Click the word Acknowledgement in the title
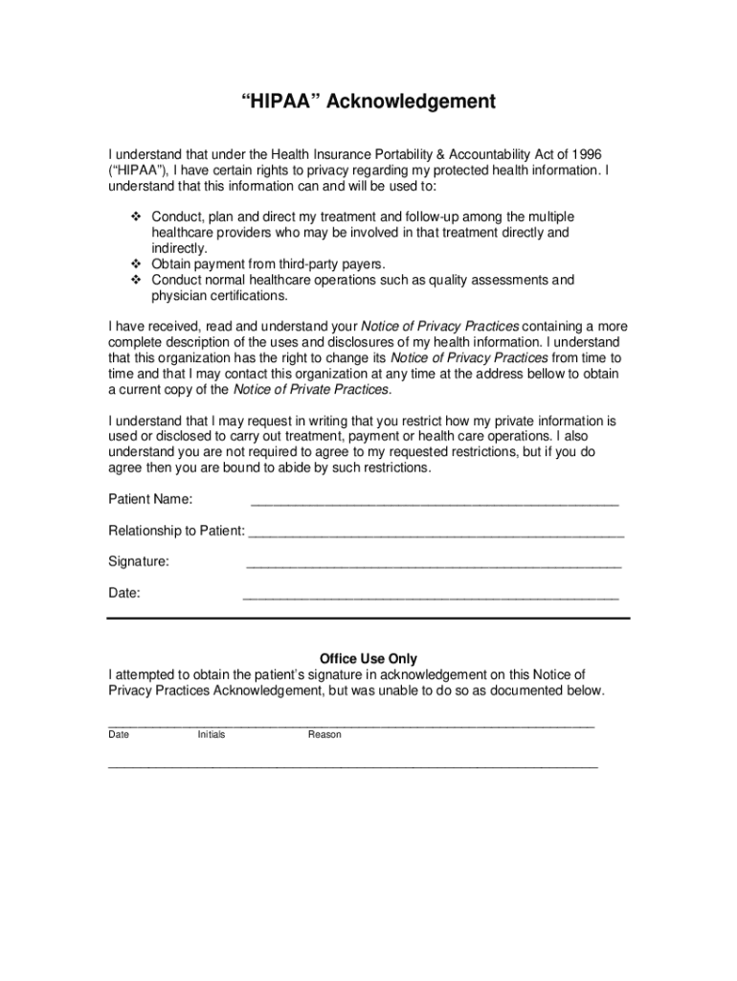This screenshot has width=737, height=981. coord(411,102)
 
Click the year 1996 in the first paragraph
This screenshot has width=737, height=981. coord(586,154)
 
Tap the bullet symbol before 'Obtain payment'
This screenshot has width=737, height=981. coord(135,263)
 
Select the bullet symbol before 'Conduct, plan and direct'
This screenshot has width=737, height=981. coord(135,217)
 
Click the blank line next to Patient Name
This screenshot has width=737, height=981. coord(434,503)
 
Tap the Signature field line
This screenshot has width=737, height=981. coord(434,566)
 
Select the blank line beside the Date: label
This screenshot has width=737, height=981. coord(431,598)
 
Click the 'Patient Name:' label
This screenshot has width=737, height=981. coord(150,499)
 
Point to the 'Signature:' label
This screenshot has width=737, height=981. coord(139,561)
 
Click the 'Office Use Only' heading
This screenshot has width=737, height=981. coord(368,659)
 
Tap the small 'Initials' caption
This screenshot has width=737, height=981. coord(212,735)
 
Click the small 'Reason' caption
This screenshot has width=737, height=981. coord(324,735)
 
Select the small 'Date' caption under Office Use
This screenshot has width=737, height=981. coord(119,735)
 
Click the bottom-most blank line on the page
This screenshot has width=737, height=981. coord(352,767)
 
